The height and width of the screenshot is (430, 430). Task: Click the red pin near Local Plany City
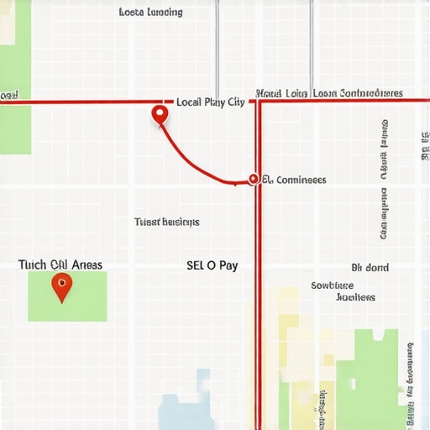160,114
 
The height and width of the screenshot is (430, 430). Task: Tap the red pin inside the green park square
61,287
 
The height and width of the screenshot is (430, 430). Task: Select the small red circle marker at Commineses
253,179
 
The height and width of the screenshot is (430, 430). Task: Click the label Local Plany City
211,102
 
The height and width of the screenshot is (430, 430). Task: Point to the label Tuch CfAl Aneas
60,265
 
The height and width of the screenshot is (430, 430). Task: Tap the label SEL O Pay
212,265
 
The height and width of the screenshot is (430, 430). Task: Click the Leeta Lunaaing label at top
151,13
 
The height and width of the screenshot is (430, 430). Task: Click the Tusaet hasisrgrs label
167,223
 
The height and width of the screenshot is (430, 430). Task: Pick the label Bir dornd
370,268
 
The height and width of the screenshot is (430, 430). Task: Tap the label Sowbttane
333,286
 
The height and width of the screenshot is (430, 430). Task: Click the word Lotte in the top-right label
296,93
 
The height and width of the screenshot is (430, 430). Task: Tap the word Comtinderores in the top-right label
370,93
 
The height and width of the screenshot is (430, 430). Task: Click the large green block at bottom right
370,378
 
